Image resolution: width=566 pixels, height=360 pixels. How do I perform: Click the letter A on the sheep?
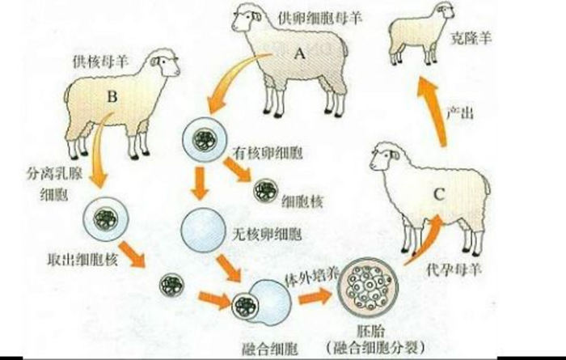(x=298, y=54)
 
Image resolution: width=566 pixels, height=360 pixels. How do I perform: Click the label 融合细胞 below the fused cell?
(x=268, y=349)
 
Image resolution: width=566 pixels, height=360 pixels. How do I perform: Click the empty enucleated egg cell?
(x=197, y=228)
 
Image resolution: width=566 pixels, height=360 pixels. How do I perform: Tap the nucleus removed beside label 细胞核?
(x=264, y=191)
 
